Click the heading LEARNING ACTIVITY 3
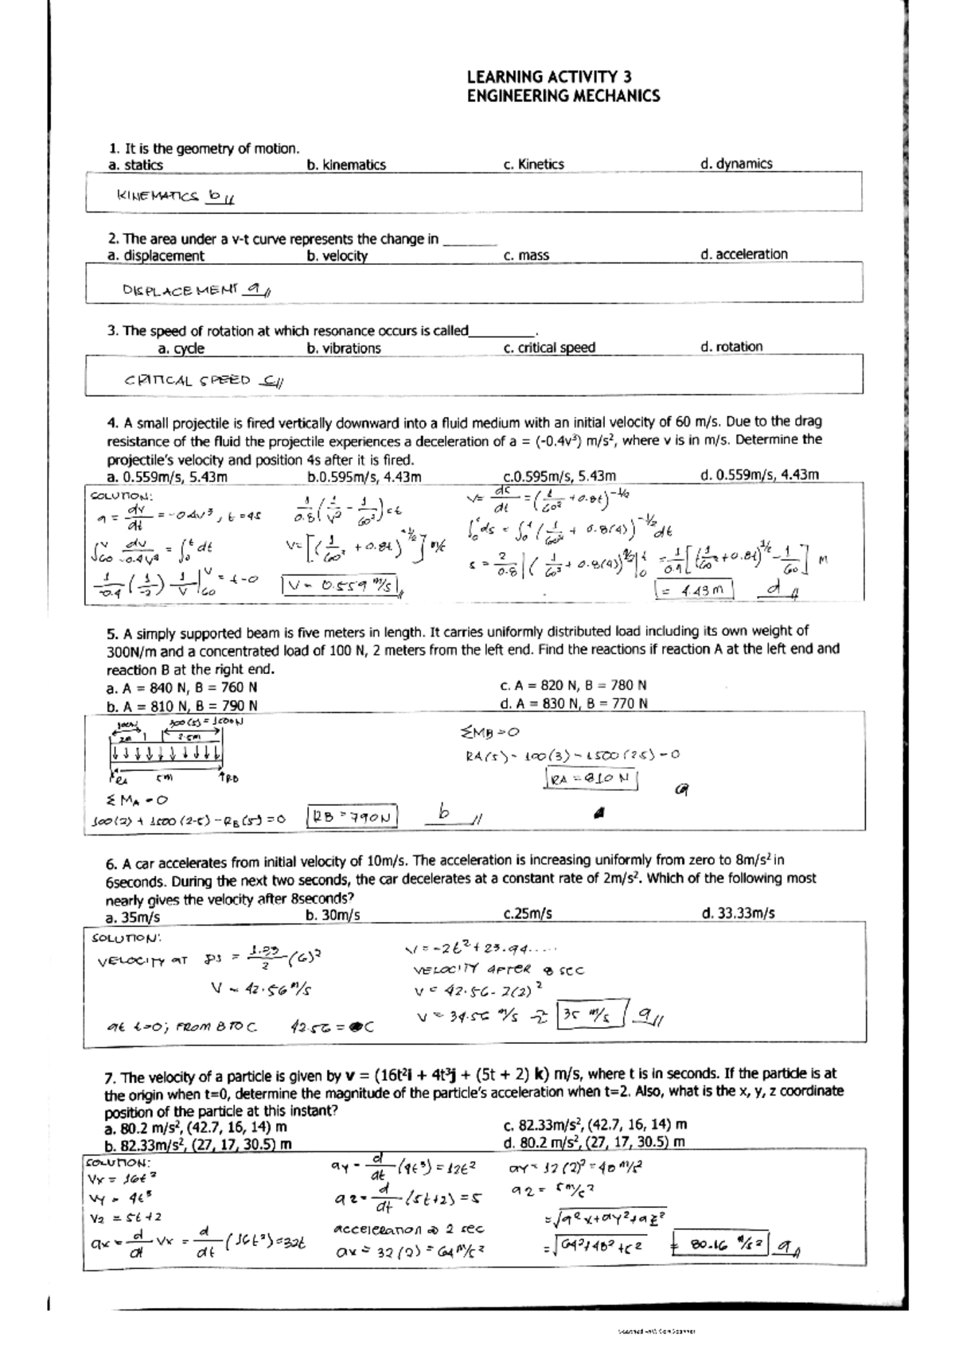coord(548,77)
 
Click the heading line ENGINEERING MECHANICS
coord(563,96)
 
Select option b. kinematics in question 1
coord(345,165)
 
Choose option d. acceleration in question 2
coord(743,255)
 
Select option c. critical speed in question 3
coord(549,348)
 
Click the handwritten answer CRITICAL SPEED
coord(187,380)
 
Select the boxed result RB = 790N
coord(353,816)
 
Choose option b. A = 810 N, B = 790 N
coord(181,706)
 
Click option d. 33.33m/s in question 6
coord(738,913)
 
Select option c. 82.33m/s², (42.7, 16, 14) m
coord(594,1125)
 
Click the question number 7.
coord(111,1077)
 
